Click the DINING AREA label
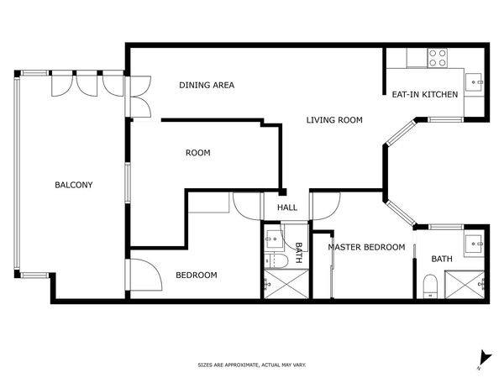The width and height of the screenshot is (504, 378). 207,85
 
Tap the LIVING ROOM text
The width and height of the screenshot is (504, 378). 333,120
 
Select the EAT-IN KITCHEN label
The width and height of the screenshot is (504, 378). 425,94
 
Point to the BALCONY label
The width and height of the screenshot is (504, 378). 74,185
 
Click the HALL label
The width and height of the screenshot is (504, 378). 287,208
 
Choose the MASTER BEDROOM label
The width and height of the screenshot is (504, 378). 366,247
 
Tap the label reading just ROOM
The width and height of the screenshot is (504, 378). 197,153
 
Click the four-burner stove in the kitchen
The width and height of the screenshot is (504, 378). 437,57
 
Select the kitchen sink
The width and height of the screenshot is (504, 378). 475,81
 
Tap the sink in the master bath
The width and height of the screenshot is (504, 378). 475,245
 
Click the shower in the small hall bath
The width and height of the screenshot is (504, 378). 280,285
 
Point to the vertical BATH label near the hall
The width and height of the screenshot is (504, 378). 298,252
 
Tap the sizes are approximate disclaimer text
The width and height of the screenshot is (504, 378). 251,365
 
